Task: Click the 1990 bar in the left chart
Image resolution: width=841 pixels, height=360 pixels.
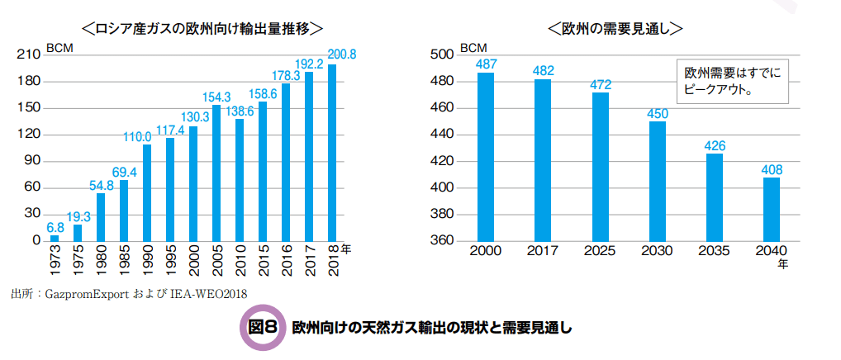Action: tap(147, 192)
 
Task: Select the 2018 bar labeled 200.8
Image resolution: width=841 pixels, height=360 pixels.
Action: tap(332, 152)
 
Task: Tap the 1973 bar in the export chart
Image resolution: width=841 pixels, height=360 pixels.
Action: tap(55, 238)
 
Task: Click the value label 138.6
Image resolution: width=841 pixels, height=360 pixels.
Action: tap(239, 111)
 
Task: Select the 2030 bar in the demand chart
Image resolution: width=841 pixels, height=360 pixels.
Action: tap(657, 181)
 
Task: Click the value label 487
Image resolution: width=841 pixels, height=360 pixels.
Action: tap(486, 64)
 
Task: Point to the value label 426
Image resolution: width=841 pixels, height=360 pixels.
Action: tap(714, 145)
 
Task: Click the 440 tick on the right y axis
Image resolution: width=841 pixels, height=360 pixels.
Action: tap(442, 135)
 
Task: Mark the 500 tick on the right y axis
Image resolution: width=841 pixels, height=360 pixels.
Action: tap(442, 54)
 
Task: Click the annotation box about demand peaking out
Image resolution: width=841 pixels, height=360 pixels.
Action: tap(732, 81)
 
